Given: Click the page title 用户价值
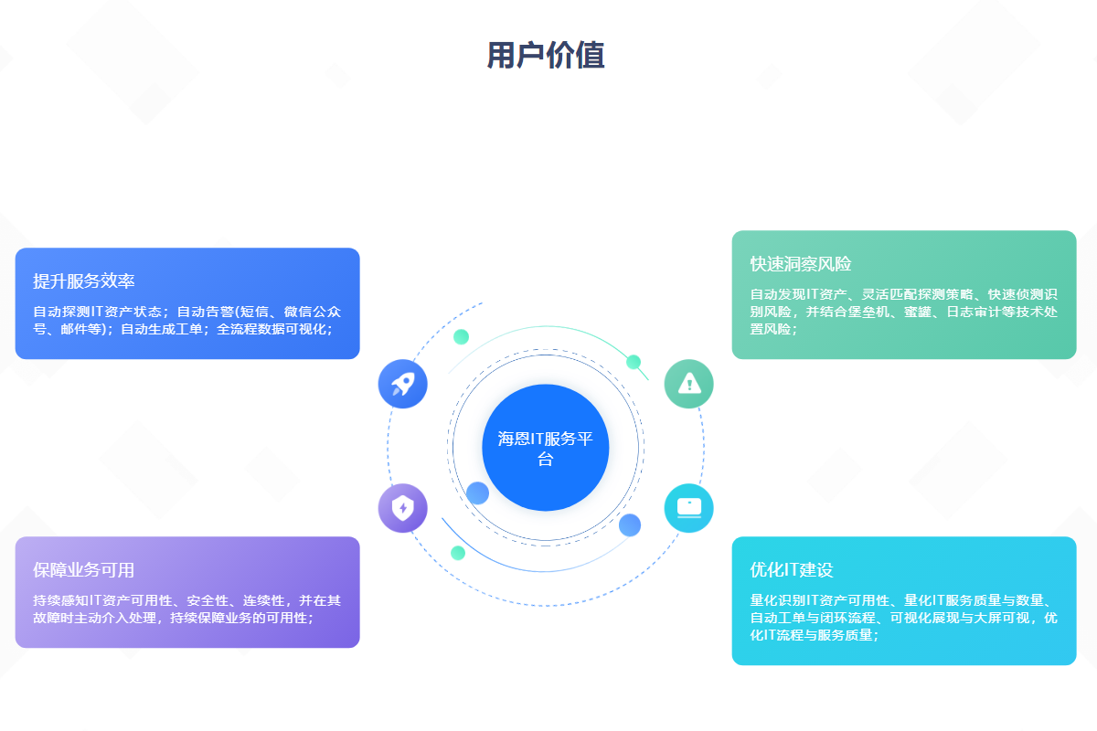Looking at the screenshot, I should point(546,56).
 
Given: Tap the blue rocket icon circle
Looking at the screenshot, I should point(402,384).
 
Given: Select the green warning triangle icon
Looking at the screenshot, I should point(688,384).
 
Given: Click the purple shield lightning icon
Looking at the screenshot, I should point(402,507).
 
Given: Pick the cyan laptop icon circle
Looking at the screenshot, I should point(688,507).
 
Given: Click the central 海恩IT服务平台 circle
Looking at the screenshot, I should point(546,447).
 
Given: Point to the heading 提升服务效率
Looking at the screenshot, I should point(84,281).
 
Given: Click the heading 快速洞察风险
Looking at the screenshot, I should point(801,264).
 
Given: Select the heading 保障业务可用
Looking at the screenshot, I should point(84,570).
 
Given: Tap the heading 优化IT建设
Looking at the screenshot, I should point(792,570).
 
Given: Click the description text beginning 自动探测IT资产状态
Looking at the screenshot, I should point(187,320).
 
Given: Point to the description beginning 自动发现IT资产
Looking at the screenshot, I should point(903,312).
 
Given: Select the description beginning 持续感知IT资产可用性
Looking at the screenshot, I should point(187,609).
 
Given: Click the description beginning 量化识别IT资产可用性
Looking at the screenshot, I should point(903,618).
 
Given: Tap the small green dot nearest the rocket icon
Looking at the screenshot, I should point(462,336).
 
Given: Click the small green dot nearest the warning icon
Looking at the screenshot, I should point(634,362).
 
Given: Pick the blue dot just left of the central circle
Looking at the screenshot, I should point(477,493).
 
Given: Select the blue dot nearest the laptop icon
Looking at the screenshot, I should point(630,525).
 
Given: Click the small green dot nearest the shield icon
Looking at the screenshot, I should point(458,553).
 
